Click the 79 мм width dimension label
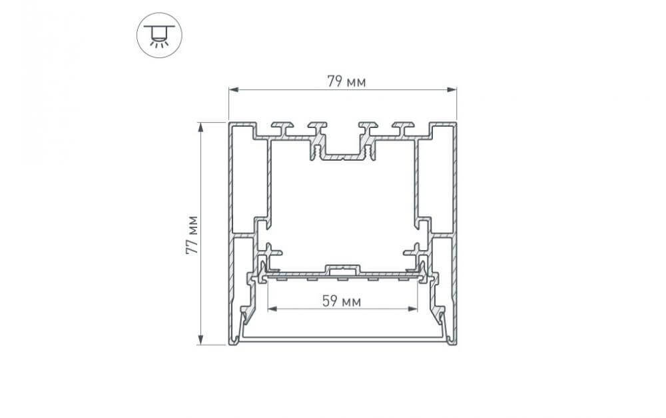[346, 82]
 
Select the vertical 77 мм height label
[192, 234]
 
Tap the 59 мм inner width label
[342, 301]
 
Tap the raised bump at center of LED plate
[342, 269]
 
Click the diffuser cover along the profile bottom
[342, 339]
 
